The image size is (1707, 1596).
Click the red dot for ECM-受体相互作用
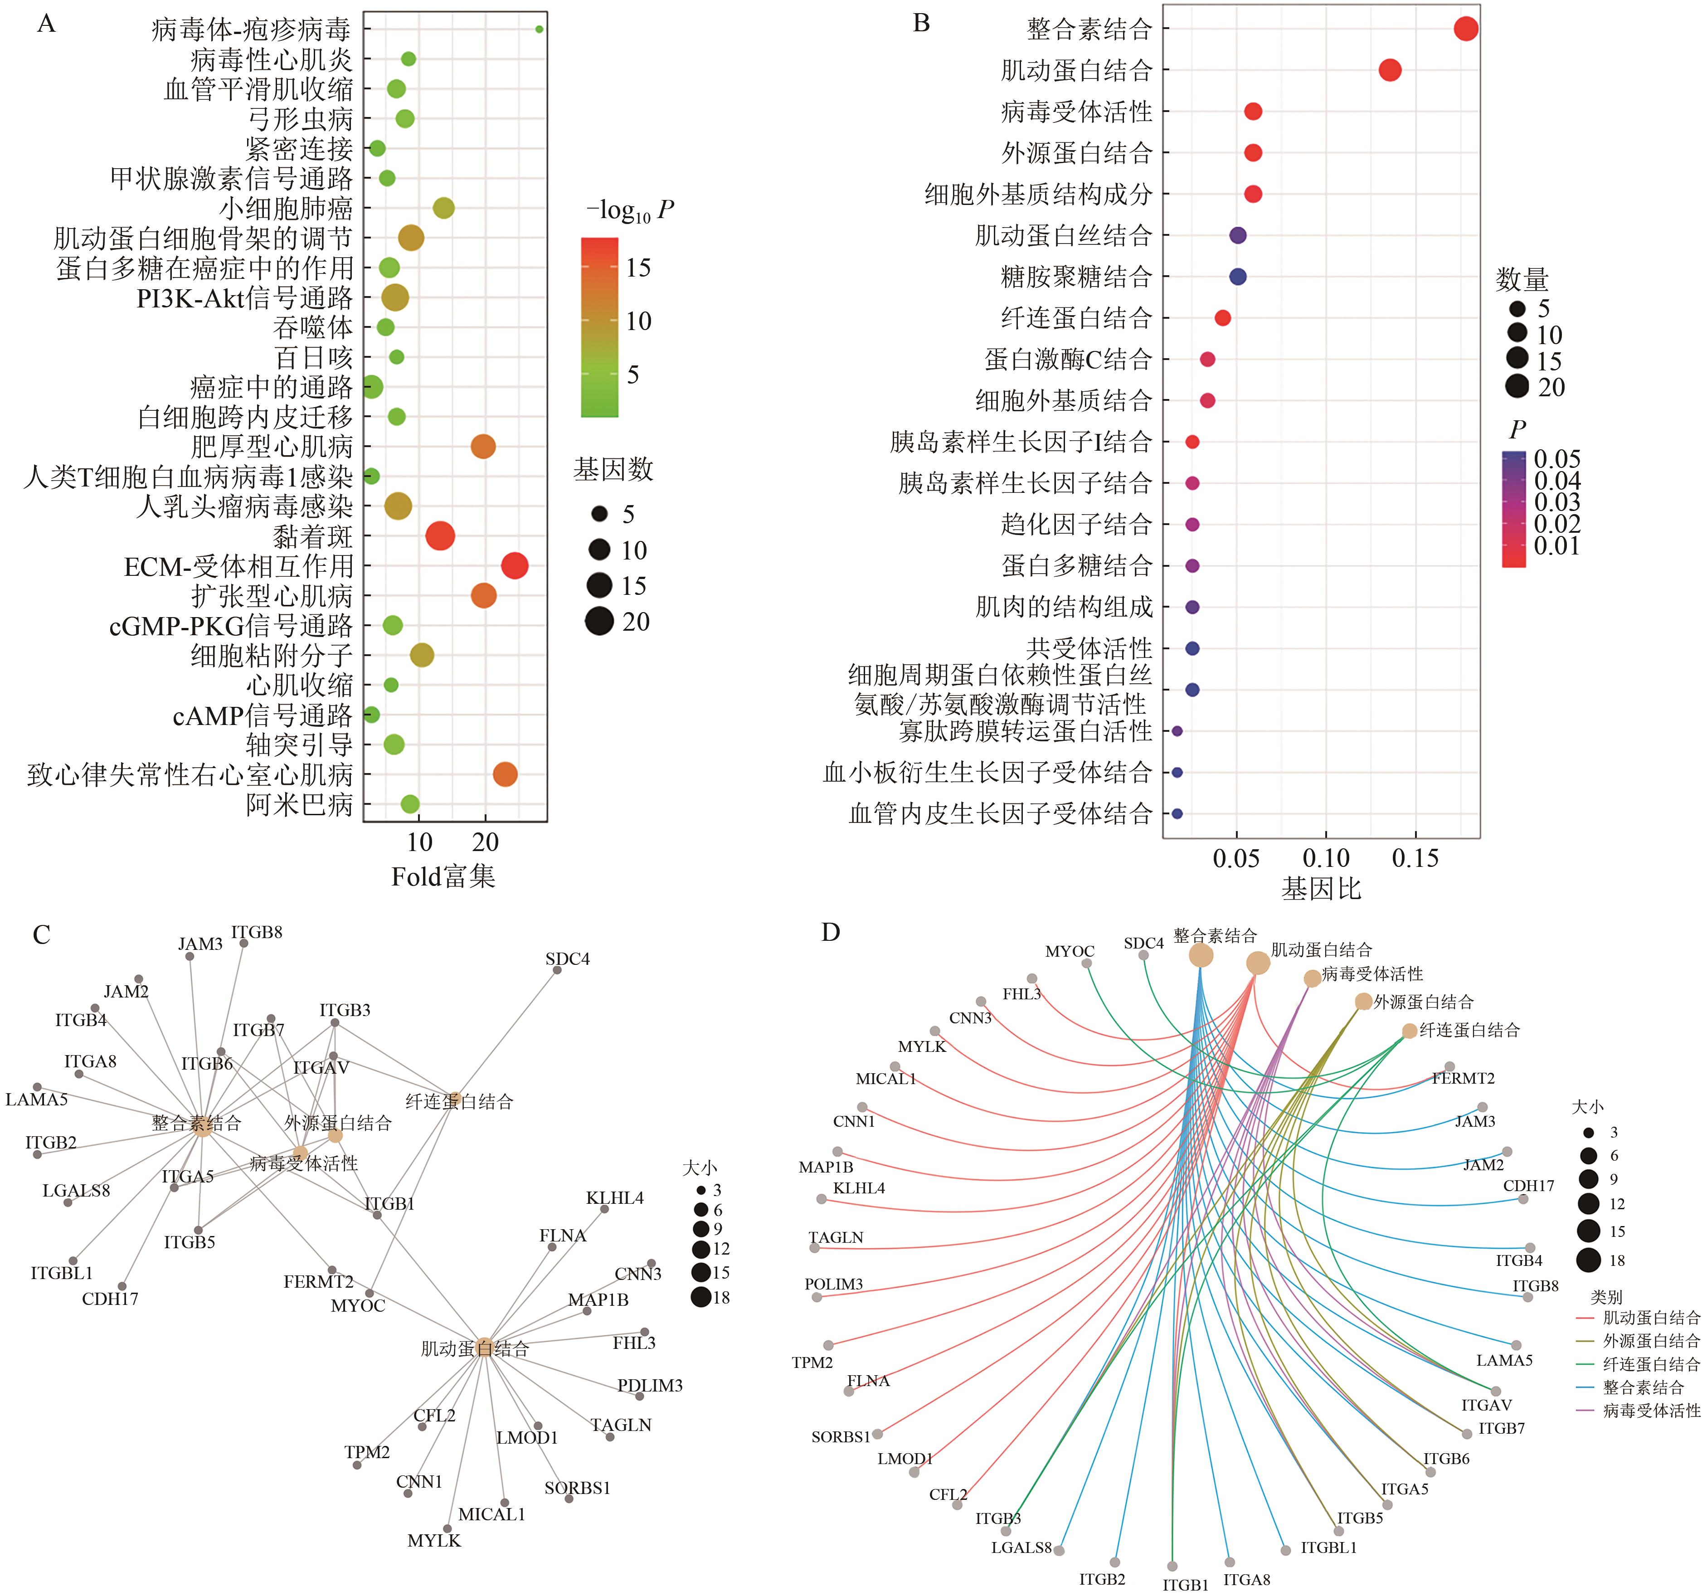tap(514, 566)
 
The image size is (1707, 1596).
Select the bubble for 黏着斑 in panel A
tap(440, 536)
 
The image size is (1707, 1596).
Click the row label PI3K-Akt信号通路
tap(245, 298)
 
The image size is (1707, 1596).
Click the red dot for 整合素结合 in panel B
tap(1466, 29)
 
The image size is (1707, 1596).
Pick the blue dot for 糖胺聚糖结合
tap(1237, 277)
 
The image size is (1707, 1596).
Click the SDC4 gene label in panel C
tap(568, 958)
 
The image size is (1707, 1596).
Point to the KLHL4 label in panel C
tap(615, 1197)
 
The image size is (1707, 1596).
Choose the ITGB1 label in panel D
tap(1185, 1585)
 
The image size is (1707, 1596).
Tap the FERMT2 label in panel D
tap(1463, 1078)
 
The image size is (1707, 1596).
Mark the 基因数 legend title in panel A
tap(613, 470)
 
